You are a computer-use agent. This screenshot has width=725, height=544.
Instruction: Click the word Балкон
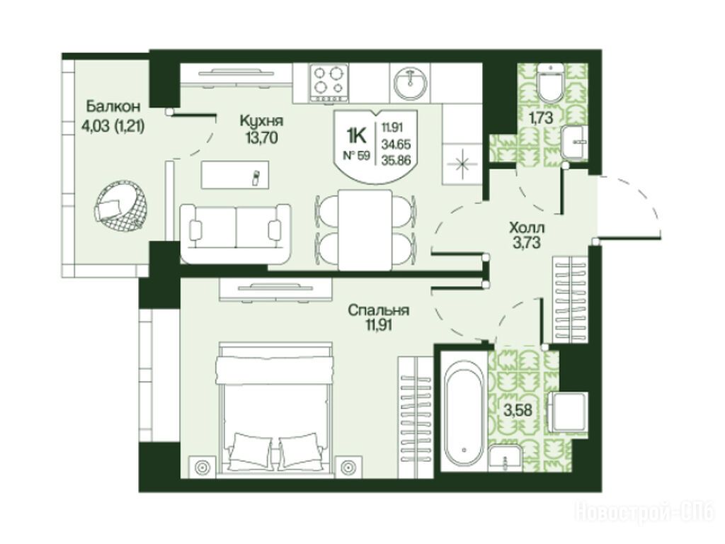(x=113, y=106)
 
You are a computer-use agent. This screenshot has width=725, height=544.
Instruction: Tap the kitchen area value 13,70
(x=262, y=137)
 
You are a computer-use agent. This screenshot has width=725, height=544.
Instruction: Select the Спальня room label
(x=378, y=310)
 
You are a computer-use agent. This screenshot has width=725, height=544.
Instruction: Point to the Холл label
(x=527, y=227)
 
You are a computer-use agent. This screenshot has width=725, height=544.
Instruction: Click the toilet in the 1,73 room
(x=550, y=84)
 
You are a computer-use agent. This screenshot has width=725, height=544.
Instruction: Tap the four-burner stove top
(x=330, y=83)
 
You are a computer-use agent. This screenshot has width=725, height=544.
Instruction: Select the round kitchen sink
(x=411, y=84)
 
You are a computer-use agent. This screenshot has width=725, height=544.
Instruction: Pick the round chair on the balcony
(x=122, y=206)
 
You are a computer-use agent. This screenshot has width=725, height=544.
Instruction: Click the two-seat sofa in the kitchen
(x=236, y=233)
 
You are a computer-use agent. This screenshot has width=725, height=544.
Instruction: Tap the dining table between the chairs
(x=365, y=229)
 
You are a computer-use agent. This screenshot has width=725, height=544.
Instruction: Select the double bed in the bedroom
(x=276, y=409)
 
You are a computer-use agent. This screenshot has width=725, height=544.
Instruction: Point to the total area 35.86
(x=396, y=161)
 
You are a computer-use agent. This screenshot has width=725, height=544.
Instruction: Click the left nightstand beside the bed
(x=203, y=467)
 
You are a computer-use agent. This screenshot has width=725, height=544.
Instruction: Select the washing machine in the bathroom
(x=569, y=412)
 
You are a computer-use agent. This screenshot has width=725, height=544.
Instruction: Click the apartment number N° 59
(x=356, y=155)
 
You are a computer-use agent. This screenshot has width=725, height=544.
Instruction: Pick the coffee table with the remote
(x=235, y=174)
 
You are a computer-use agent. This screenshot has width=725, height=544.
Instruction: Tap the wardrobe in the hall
(x=570, y=300)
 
